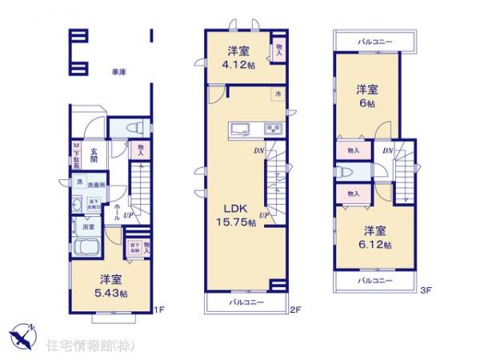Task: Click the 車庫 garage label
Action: click(119, 73)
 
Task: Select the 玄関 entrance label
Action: click(94, 154)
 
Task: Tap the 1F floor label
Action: click(159, 310)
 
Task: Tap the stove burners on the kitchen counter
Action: click(272, 129)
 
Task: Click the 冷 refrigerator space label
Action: click(276, 94)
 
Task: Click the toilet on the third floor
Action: click(344, 172)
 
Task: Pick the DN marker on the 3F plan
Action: click(386, 151)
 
